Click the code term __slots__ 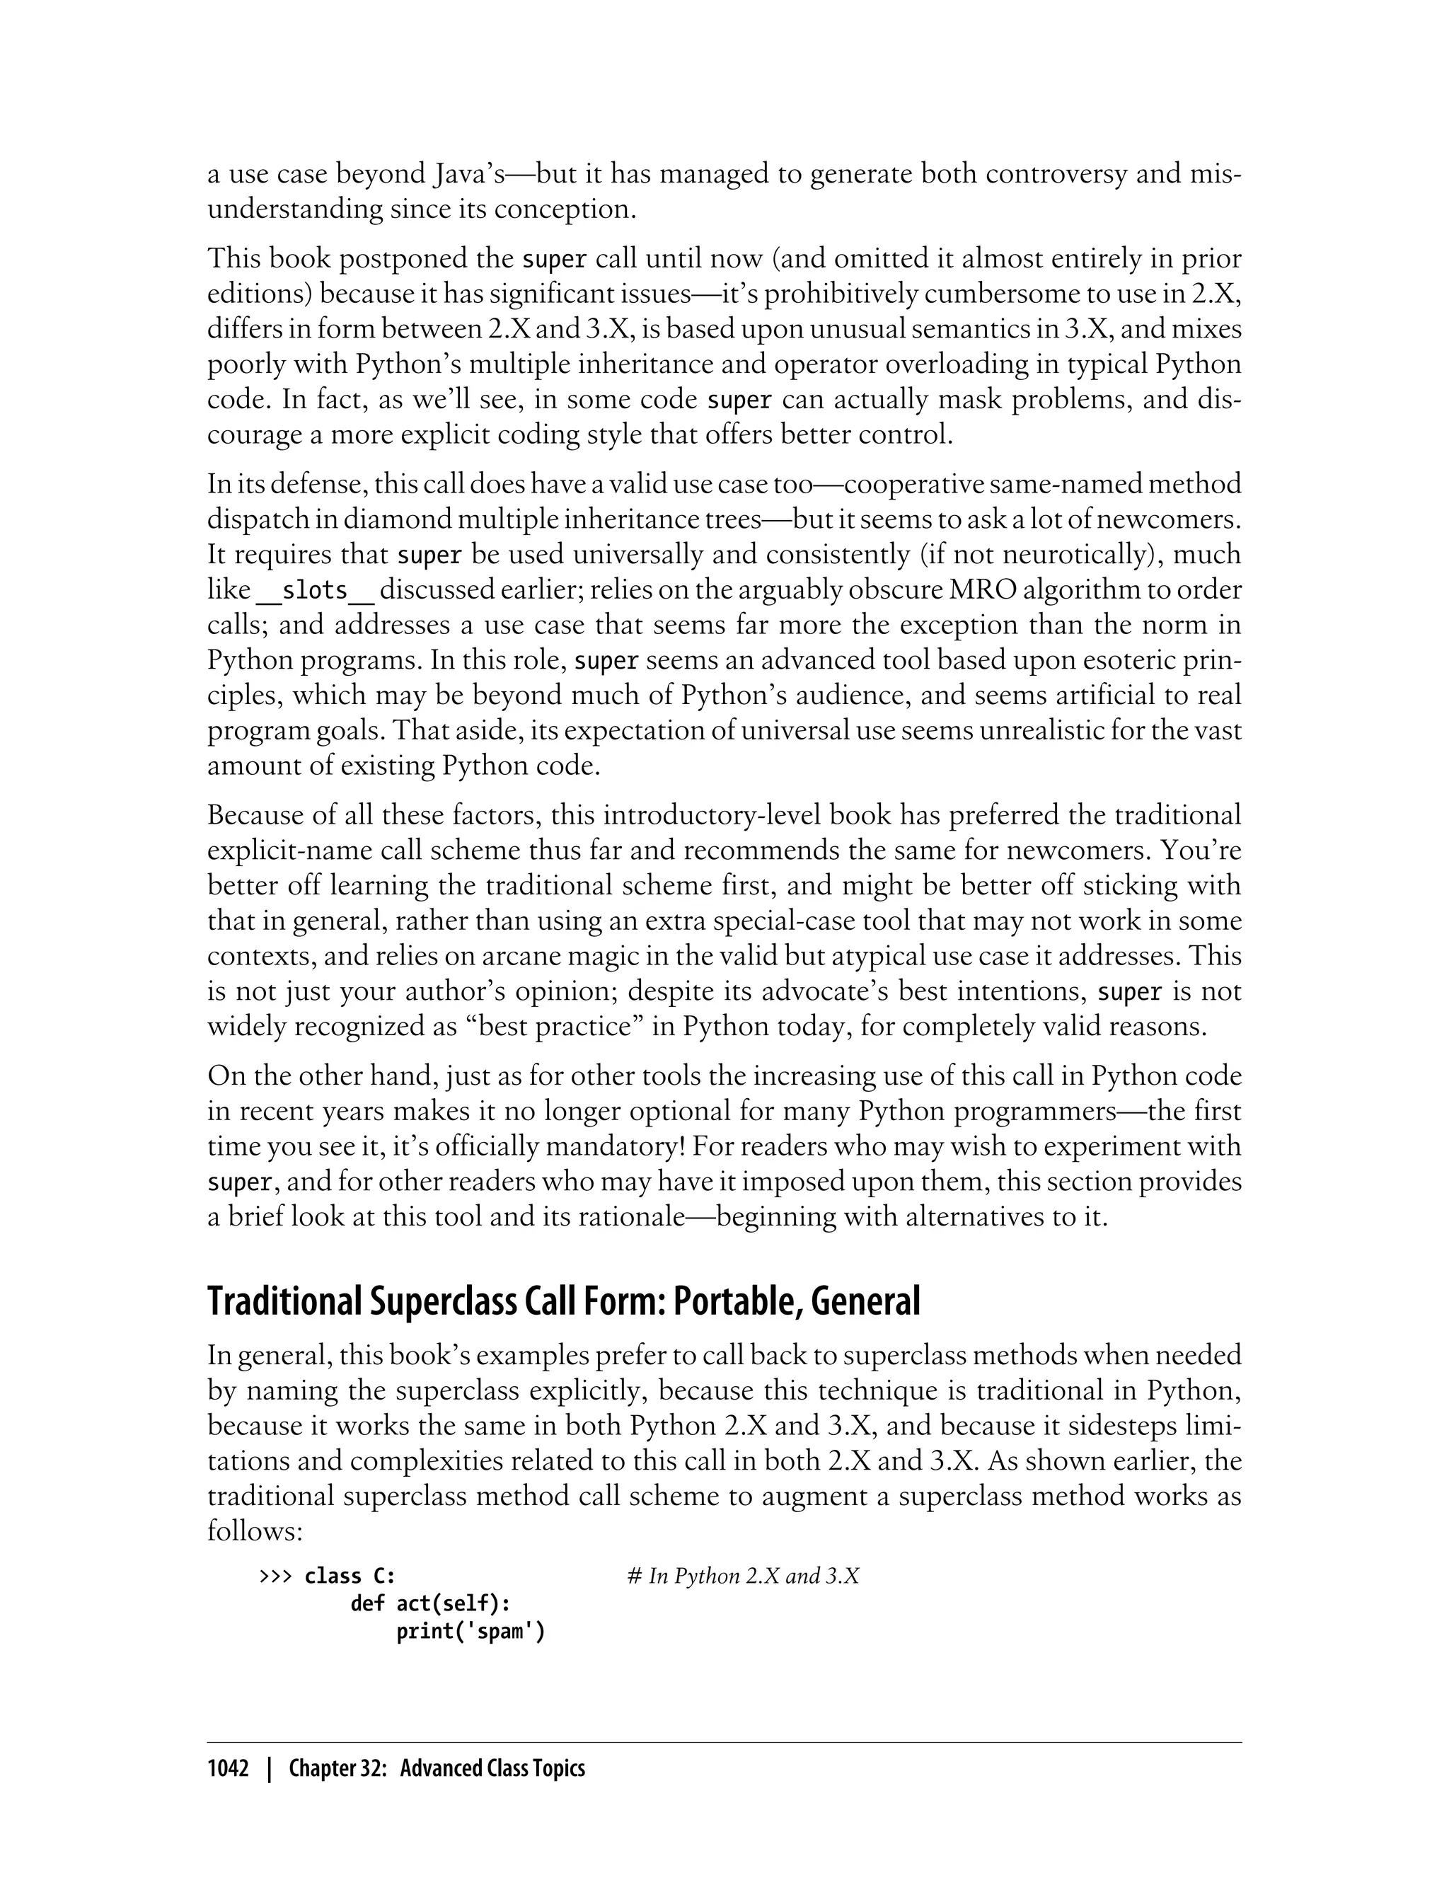315,591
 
